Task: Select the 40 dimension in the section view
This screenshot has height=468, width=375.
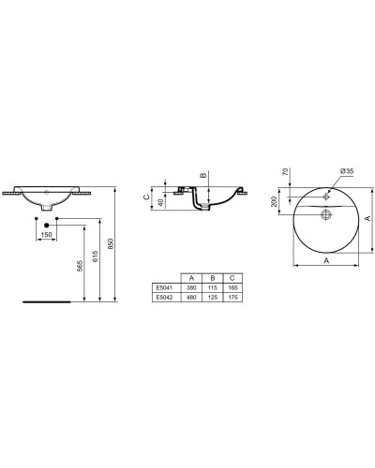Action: [x=159, y=201]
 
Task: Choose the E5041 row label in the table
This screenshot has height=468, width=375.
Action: [x=167, y=287]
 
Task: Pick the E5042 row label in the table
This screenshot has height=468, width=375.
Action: [x=167, y=297]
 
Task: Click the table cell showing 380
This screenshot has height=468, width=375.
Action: [x=191, y=287]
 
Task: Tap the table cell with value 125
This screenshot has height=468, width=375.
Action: [x=212, y=297]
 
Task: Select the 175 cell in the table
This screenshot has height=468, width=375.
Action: [x=232, y=297]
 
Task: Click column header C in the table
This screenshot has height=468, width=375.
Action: [x=232, y=278]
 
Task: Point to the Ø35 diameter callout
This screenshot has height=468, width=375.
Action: [x=346, y=172]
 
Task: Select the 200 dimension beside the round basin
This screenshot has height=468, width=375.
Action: [x=274, y=201]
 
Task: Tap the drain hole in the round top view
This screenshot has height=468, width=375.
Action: [x=325, y=215]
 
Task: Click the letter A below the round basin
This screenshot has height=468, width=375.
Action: [x=324, y=263]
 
